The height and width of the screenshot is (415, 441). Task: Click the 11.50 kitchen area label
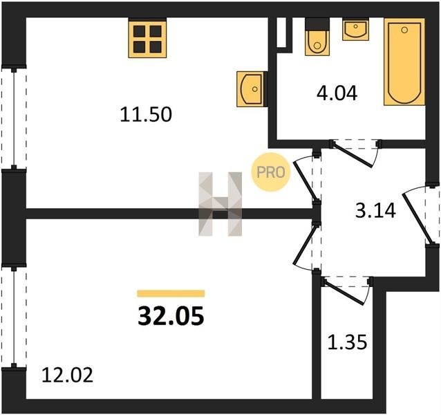click(x=146, y=115)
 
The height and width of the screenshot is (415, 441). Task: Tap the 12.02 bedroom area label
click(x=67, y=375)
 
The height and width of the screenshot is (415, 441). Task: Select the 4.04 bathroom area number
click(x=337, y=93)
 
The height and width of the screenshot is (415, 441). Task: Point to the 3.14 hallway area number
click(x=375, y=211)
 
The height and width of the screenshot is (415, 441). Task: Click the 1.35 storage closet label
click(x=348, y=342)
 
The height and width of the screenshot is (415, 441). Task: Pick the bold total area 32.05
click(x=171, y=315)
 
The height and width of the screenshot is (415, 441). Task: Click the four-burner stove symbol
click(x=147, y=38)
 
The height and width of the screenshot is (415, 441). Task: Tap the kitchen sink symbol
click(x=252, y=89)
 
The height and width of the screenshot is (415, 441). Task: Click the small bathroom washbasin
click(x=355, y=29)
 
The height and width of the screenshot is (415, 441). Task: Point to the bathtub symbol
click(x=404, y=62)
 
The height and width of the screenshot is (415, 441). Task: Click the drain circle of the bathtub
click(x=404, y=30)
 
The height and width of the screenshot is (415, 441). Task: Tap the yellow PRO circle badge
click(x=270, y=172)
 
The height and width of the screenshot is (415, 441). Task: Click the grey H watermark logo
click(x=220, y=204)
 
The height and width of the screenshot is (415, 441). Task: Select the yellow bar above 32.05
click(x=171, y=293)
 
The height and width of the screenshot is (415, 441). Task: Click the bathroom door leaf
click(x=353, y=155)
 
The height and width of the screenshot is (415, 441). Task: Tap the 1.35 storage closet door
click(x=345, y=292)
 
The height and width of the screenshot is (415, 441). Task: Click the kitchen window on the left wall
click(x=14, y=118)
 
